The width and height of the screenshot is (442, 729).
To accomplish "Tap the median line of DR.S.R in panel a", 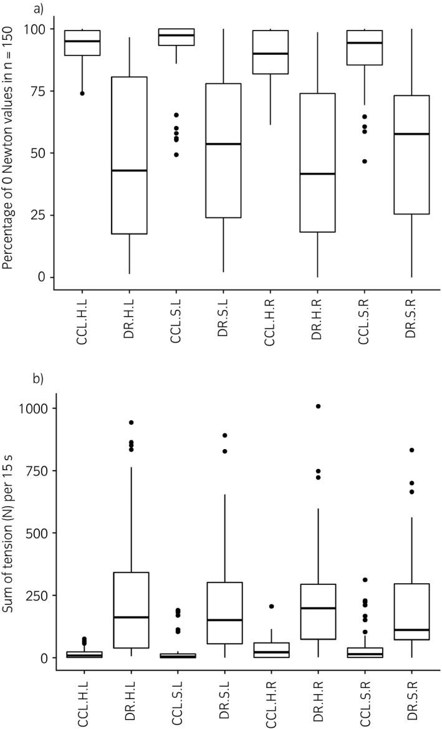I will tap(411, 134).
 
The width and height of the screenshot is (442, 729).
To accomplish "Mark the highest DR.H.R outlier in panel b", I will tap(318, 406).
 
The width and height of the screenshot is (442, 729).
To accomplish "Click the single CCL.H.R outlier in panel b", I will tap(271, 606).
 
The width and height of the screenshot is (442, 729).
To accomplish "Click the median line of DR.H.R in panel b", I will tap(318, 608).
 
